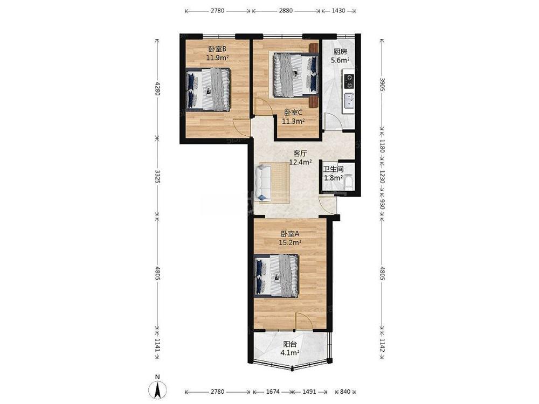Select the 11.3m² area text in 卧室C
click(x=294, y=121)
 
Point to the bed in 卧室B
click(x=208, y=89)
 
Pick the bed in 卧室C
click(x=295, y=74)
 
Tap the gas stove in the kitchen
click(x=349, y=82)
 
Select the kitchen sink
click(x=349, y=101)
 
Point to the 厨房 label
click(x=340, y=52)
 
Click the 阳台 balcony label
click(x=290, y=344)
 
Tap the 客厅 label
click(x=300, y=153)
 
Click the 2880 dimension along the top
click(x=286, y=11)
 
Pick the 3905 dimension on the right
click(x=382, y=84)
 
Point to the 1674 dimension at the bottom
click(x=273, y=392)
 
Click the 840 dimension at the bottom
click(x=345, y=392)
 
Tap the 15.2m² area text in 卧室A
click(x=290, y=242)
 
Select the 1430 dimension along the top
click(x=338, y=11)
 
